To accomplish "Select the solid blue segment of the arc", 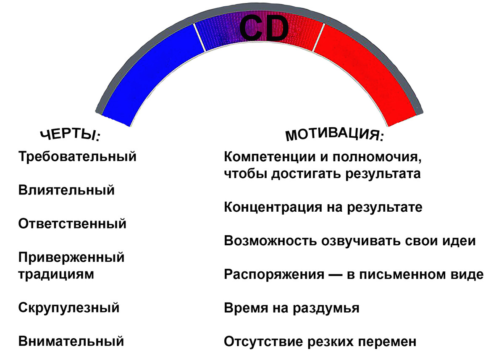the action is (x=153, y=72).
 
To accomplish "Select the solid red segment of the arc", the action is (x=365, y=72).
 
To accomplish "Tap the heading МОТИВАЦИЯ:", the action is (x=334, y=134).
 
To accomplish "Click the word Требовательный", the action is (x=77, y=156).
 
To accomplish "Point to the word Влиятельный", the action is (x=66, y=190).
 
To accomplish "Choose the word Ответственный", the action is (x=72, y=223).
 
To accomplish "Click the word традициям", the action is (x=56, y=274).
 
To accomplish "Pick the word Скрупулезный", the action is (x=68, y=308).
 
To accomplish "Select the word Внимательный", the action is (x=71, y=341).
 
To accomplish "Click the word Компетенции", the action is (x=270, y=157).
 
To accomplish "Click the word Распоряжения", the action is (x=274, y=274).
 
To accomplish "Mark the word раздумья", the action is (x=326, y=308).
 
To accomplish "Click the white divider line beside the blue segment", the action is (x=199, y=37).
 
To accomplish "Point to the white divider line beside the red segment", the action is (x=319, y=37).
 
